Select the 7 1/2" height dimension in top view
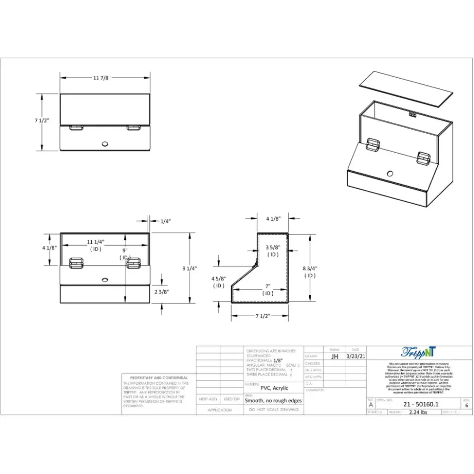(x=42, y=120)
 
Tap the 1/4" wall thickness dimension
(x=165, y=221)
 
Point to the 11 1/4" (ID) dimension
(x=96, y=245)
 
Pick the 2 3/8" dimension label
(x=161, y=292)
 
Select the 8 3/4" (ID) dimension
(x=310, y=271)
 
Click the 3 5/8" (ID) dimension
(x=273, y=250)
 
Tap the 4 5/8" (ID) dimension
(x=218, y=282)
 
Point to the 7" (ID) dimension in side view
(x=268, y=290)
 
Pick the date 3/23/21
(x=355, y=356)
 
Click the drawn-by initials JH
(x=335, y=356)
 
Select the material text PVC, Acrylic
(x=274, y=388)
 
